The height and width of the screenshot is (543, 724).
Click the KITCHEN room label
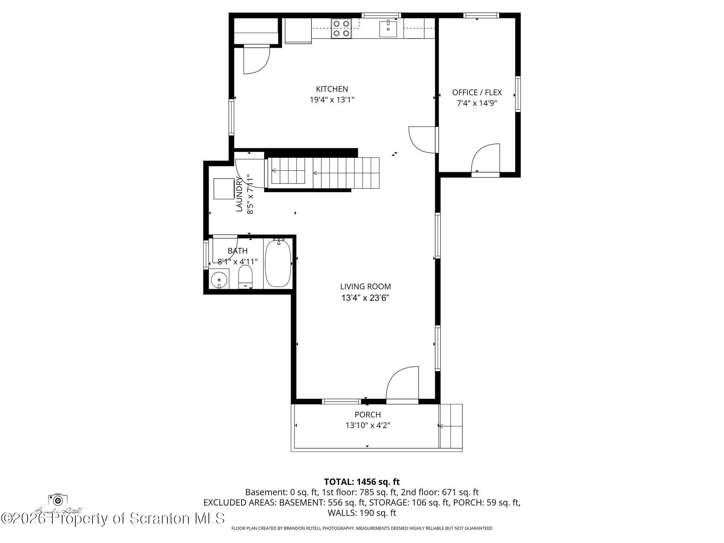332,89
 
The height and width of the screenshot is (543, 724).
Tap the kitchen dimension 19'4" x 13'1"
332,100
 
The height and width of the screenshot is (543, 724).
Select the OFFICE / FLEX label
477,93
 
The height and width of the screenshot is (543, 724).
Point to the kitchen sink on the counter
388,29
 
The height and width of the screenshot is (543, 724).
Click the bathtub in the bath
278,263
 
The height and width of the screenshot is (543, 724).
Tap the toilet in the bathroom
245,277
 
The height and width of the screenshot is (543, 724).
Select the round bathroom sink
219,280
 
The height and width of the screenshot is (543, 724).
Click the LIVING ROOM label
365,287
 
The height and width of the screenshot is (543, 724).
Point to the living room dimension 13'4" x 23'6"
365,298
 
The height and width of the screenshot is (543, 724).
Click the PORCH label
368,415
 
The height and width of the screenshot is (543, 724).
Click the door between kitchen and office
422,140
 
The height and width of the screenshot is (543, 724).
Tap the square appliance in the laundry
224,189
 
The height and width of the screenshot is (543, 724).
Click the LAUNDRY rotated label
240,194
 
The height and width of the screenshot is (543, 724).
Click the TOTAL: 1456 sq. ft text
362,481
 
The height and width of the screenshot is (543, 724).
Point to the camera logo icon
58,500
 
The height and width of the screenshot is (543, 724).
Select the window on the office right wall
518,94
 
